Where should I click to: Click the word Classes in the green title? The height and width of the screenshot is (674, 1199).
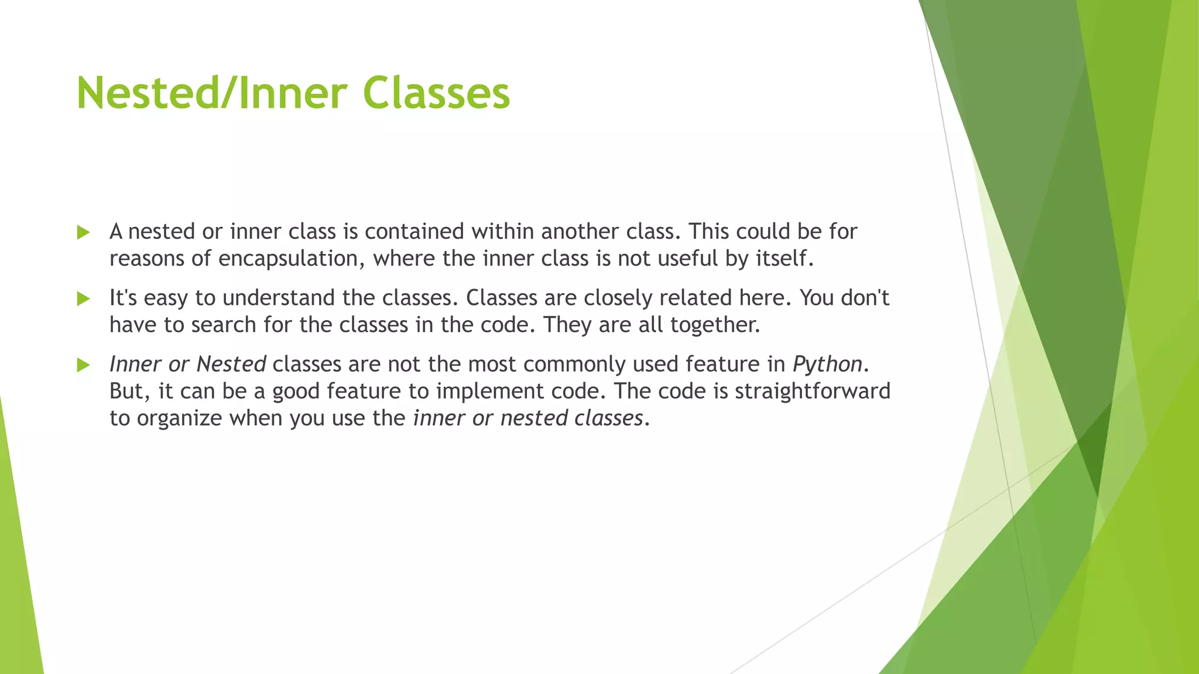[x=436, y=94]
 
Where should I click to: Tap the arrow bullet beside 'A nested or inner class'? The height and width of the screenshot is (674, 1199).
[x=83, y=233]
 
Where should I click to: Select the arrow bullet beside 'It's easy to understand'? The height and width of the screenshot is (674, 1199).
[x=83, y=299]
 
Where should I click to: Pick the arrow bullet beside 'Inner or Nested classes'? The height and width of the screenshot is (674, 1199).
[x=83, y=366]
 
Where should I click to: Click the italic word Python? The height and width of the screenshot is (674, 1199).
[x=827, y=364]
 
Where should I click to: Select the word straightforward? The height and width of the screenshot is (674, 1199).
[x=813, y=391]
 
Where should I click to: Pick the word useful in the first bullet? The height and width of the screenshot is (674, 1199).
[x=688, y=259]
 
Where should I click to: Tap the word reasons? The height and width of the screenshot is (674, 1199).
[x=147, y=259]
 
